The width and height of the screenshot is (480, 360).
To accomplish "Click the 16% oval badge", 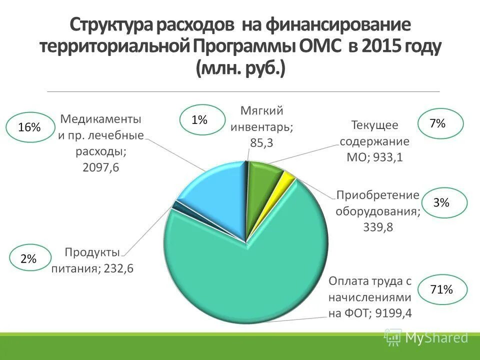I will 29,127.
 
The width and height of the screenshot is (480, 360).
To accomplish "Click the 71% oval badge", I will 441,289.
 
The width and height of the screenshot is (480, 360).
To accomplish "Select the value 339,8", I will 377,227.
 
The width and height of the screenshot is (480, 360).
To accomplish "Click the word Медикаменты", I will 100,119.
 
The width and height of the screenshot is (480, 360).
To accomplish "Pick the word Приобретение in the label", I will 377,194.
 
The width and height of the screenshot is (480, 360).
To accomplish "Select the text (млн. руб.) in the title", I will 240,68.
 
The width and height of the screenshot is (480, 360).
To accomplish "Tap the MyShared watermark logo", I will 426,338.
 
